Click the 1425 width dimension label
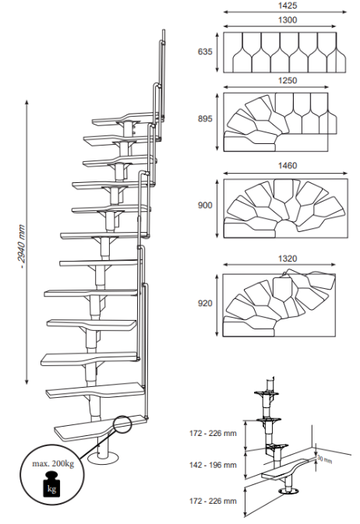click(x=288, y=5)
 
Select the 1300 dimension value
click(x=288, y=20)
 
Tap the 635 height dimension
click(x=205, y=51)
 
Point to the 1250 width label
click(x=288, y=80)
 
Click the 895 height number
click(x=205, y=118)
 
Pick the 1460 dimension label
click(x=288, y=166)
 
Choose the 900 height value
click(x=205, y=206)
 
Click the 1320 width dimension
click(x=288, y=258)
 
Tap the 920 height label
click(x=205, y=303)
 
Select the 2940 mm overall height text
click(x=21, y=247)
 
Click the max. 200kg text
click(x=53, y=463)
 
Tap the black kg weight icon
click(x=51, y=484)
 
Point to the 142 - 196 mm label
click(x=213, y=465)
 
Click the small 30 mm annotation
click(x=324, y=459)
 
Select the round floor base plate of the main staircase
click(x=103, y=457)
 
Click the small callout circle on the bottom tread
click(x=122, y=424)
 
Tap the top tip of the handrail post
click(x=164, y=30)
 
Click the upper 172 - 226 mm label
click(x=213, y=433)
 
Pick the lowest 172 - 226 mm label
click(x=213, y=501)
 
